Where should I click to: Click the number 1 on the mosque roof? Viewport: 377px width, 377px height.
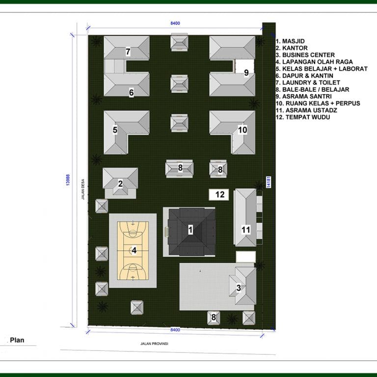(x=190, y=230)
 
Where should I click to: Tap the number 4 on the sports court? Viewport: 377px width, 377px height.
(x=134, y=250)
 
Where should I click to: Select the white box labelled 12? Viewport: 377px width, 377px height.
(x=219, y=194)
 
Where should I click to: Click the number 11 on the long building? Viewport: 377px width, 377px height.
(x=246, y=230)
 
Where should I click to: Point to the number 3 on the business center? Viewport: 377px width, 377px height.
(x=239, y=288)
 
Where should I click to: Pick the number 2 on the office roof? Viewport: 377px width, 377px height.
(x=120, y=184)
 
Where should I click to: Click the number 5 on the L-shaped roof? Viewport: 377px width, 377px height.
(x=115, y=130)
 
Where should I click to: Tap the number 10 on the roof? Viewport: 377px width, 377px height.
(x=242, y=130)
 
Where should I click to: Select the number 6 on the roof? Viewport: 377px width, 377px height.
(x=131, y=93)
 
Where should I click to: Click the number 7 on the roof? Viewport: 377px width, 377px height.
(x=128, y=52)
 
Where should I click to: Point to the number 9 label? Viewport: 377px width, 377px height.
(x=246, y=73)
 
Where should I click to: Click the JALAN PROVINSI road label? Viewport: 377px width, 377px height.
(x=154, y=344)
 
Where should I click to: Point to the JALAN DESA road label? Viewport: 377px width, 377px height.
(x=83, y=189)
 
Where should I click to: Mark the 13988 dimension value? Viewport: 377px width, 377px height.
(x=68, y=180)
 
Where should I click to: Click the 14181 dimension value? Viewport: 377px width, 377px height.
(x=269, y=182)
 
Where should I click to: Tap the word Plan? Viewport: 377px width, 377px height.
(x=17, y=340)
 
